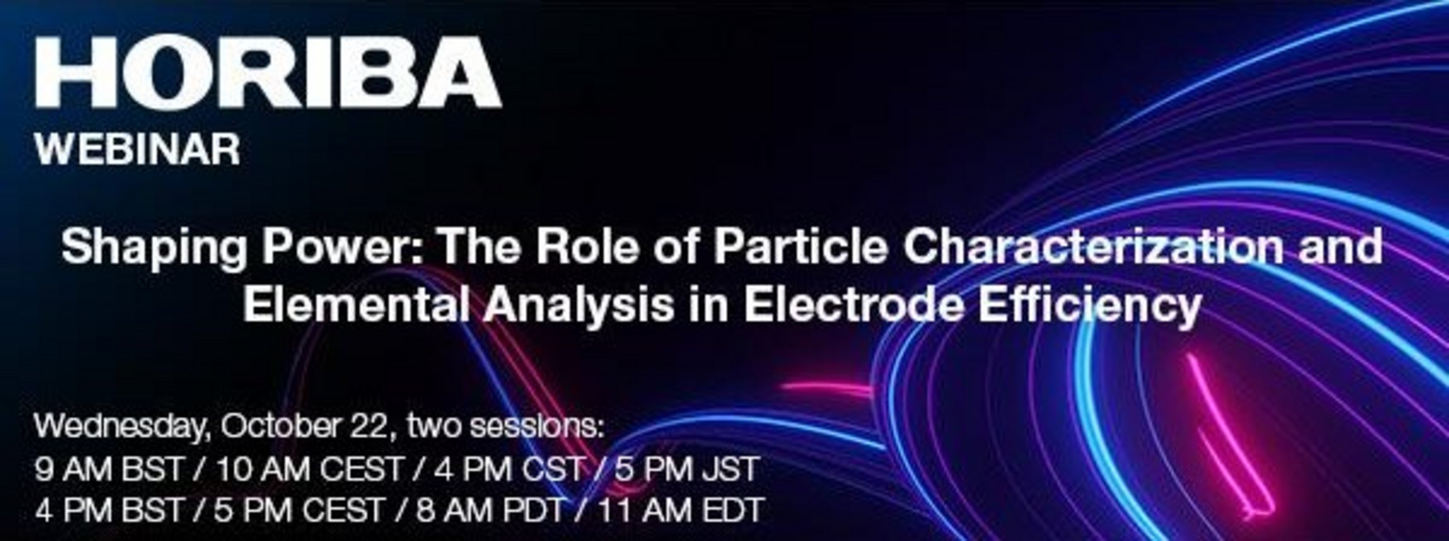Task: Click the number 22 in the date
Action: (x=369, y=427)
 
